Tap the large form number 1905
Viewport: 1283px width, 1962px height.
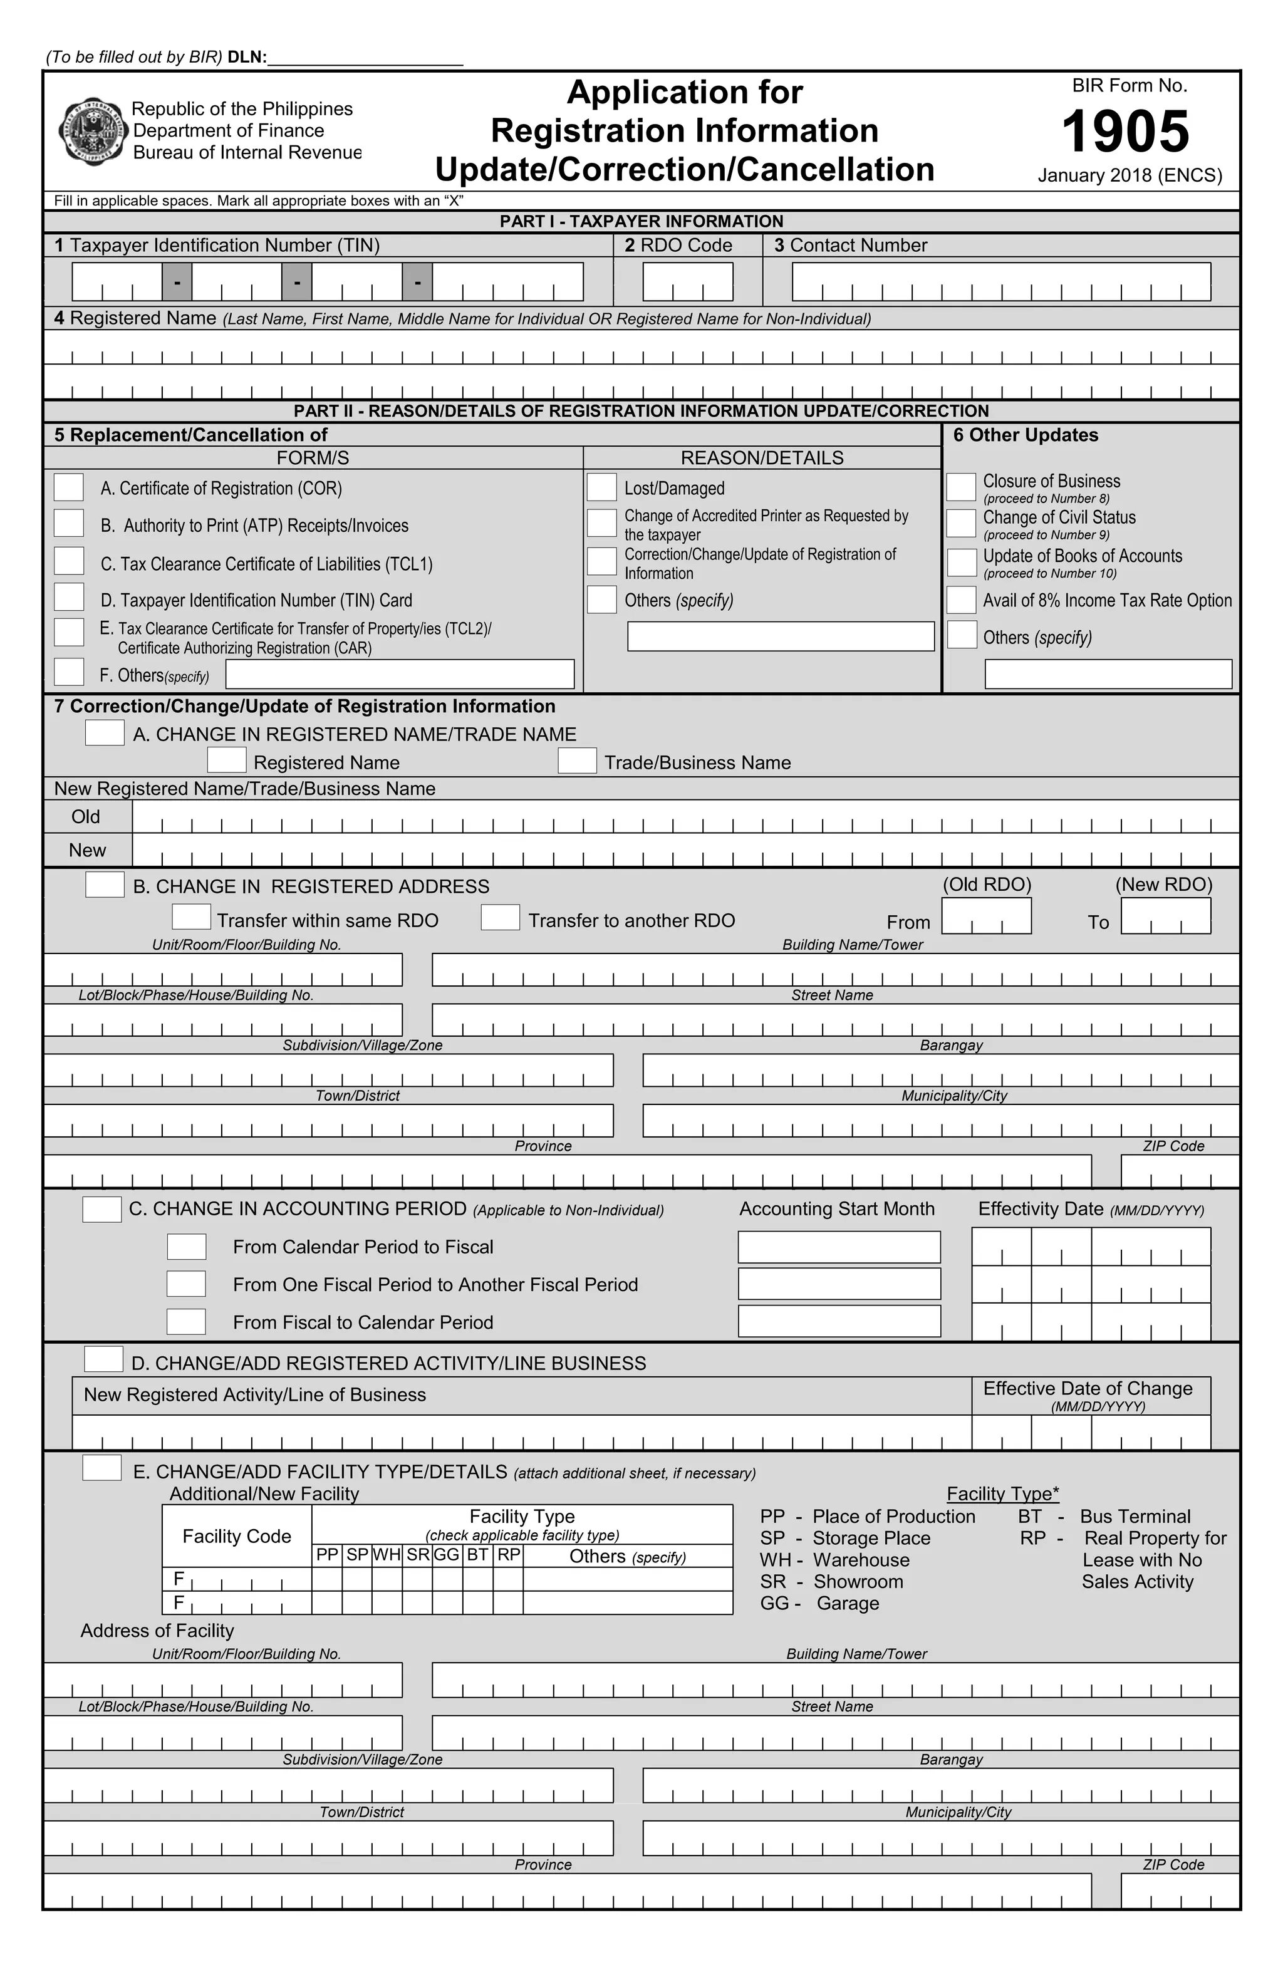tap(1126, 132)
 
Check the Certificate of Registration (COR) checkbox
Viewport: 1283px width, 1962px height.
tap(68, 487)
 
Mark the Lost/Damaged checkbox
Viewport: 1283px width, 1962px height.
tap(602, 487)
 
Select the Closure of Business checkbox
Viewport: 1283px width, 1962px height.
tap(960, 487)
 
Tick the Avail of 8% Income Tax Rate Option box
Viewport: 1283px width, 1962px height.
tap(960, 599)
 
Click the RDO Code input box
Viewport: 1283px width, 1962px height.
tap(688, 281)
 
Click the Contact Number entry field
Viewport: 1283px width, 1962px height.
tap(1001, 281)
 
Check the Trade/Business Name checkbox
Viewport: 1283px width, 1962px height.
tap(577, 761)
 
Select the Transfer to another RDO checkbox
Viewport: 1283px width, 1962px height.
tap(501, 918)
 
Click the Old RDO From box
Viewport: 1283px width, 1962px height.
tap(986, 916)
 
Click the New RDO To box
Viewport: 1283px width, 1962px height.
tap(1166, 916)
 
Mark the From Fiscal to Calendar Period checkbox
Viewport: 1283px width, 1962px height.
tap(186, 1321)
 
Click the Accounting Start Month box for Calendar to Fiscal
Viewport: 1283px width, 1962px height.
tap(839, 1247)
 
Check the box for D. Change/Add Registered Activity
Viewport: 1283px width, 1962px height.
tap(104, 1359)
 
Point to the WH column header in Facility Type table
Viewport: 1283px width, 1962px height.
tap(387, 1555)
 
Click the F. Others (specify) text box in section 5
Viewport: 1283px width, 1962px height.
tap(400, 674)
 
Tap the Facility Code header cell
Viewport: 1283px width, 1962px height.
tap(237, 1536)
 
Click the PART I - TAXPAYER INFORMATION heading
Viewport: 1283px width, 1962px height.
tap(641, 221)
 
